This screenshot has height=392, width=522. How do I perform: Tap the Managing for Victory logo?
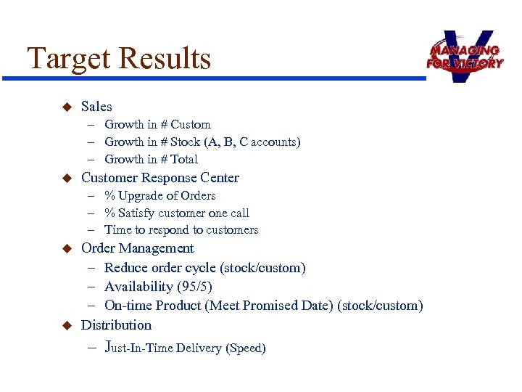coord(464,56)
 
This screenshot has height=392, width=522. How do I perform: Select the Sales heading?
coord(96,107)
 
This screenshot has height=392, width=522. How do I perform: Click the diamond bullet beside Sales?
coord(65,107)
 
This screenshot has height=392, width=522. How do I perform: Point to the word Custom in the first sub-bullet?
coord(191,125)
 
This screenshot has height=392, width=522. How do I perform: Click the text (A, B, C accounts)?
coord(252,142)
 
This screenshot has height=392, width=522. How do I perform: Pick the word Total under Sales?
coord(184,160)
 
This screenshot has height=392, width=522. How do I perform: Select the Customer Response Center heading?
coord(159,178)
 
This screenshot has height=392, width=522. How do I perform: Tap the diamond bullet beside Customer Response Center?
coord(65,178)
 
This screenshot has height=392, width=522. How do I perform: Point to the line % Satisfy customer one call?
coord(177,213)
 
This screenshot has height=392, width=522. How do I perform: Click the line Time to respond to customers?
coord(181,230)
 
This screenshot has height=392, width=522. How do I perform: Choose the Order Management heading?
coord(137,248)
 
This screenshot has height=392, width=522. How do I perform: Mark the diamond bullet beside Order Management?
coord(65,248)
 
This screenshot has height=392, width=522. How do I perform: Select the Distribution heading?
coord(116,325)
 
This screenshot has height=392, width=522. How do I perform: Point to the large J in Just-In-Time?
coord(109,346)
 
